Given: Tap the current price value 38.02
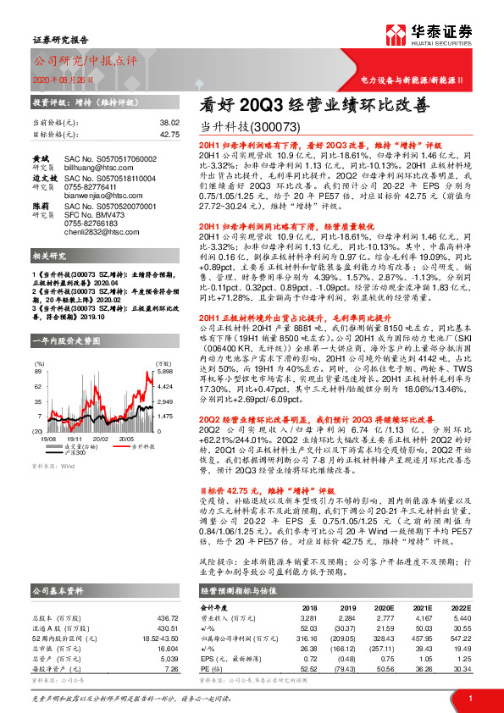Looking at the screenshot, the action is point(169,123).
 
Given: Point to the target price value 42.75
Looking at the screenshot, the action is point(169,135).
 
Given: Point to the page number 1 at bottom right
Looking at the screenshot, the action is point(468,698).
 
